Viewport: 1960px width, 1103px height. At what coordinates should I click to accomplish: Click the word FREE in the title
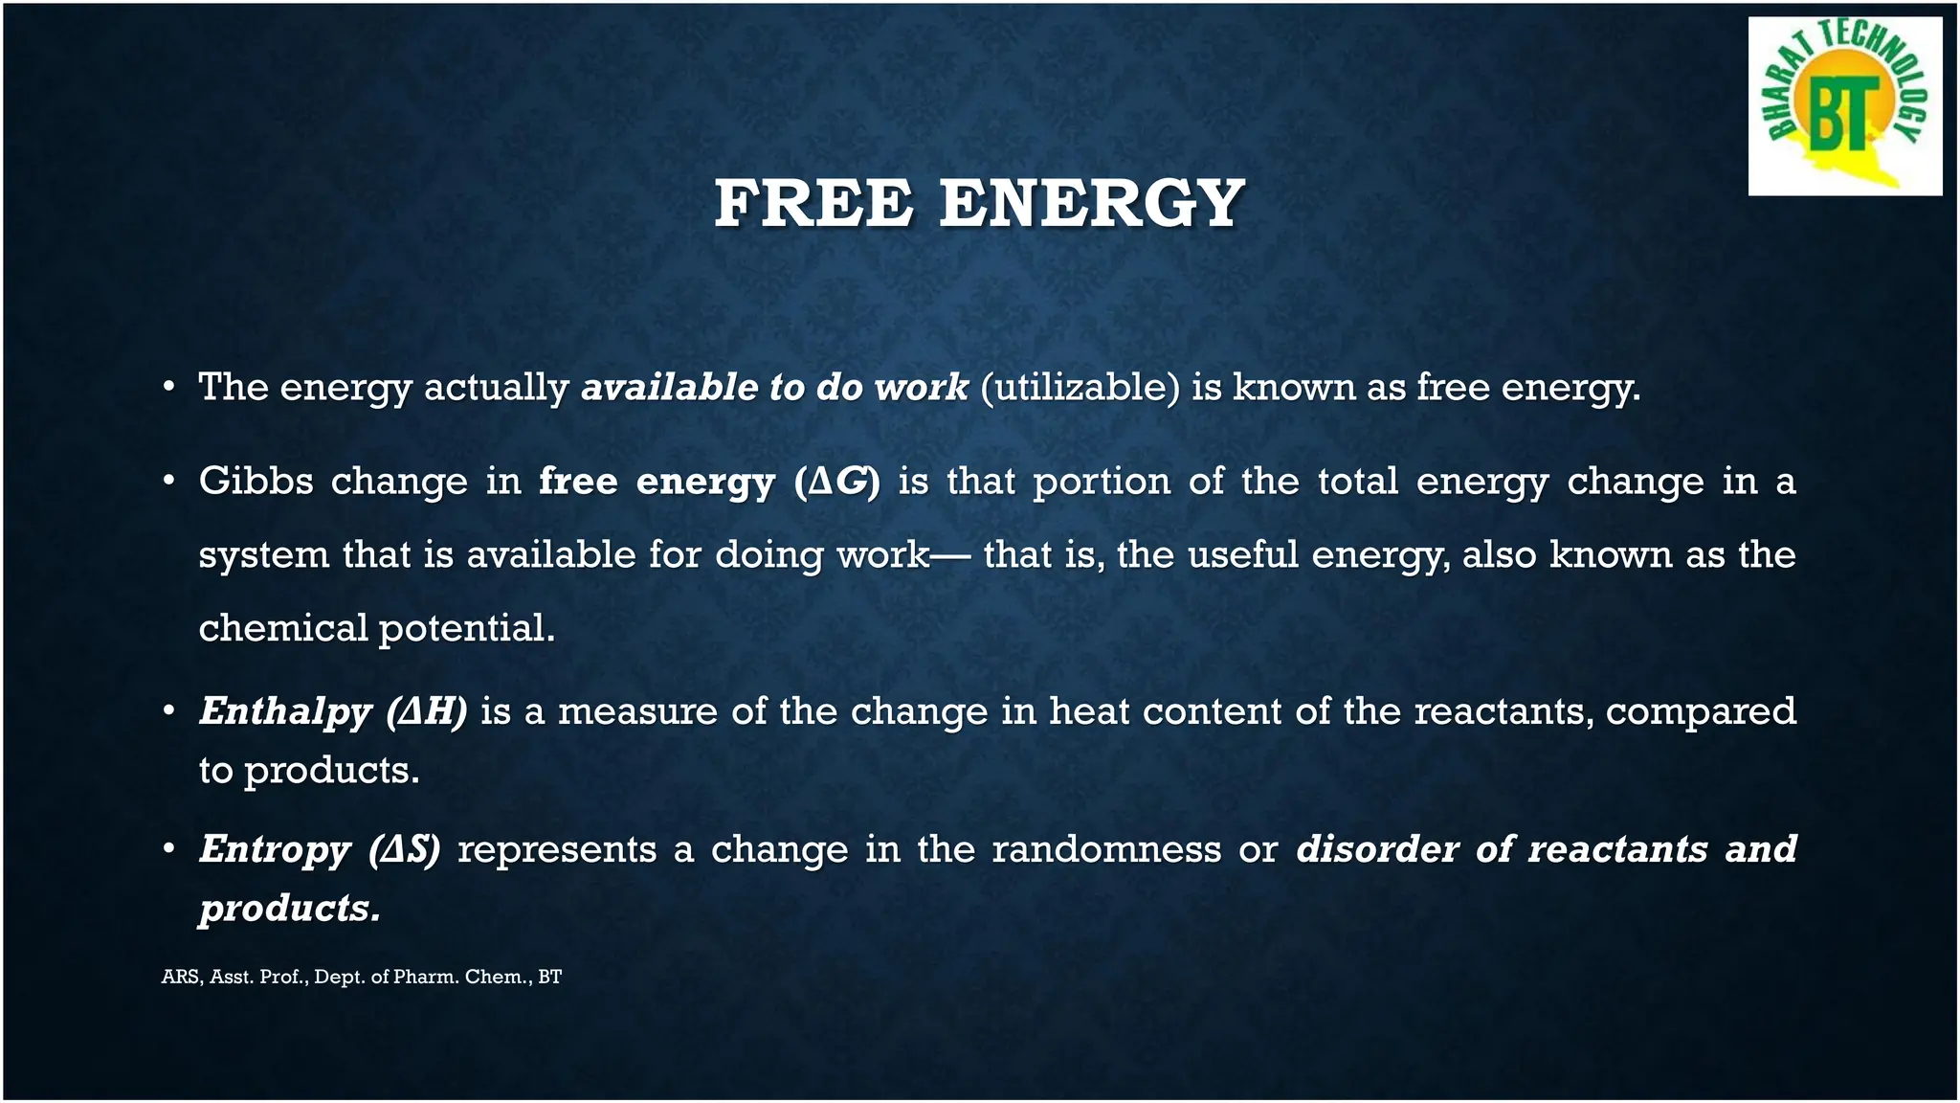pyautogui.click(x=813, y=204)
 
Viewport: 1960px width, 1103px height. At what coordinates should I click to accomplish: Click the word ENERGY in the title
pyautogui.click(x=1091, y=204)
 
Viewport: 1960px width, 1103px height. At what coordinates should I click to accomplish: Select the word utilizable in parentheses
pyautogui.click(x=1080, y=388)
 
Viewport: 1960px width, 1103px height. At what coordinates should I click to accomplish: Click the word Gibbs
pyautogui.click(x=256, y=481)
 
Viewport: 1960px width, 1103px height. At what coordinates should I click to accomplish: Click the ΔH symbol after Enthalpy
pyautogui.click(x=428, y=711)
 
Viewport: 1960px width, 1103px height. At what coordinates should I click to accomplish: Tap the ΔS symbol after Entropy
pyautogui.click(x=405, y=849)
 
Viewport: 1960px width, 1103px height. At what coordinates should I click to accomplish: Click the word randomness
pyautogui.click(x=1105, y=849)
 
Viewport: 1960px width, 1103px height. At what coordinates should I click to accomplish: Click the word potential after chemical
pyautogui.click(x=466, y=629)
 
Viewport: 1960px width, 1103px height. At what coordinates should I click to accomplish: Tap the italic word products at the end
pyautogui.click(x=288, y=909)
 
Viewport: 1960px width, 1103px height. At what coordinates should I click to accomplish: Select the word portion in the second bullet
pyautogui.click(x=1102, y=482)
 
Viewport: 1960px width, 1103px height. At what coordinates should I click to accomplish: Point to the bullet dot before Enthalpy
pyautogui.click(x=168, y=711)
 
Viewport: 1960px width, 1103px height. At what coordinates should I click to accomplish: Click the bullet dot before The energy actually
pyautogui.click(x=168, y=388)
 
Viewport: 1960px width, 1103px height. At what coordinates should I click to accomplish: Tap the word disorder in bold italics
pyautogui.click(x=1376, y=849)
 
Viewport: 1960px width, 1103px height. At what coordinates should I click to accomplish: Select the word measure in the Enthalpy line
pyautogui.click(x=637, y=711)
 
